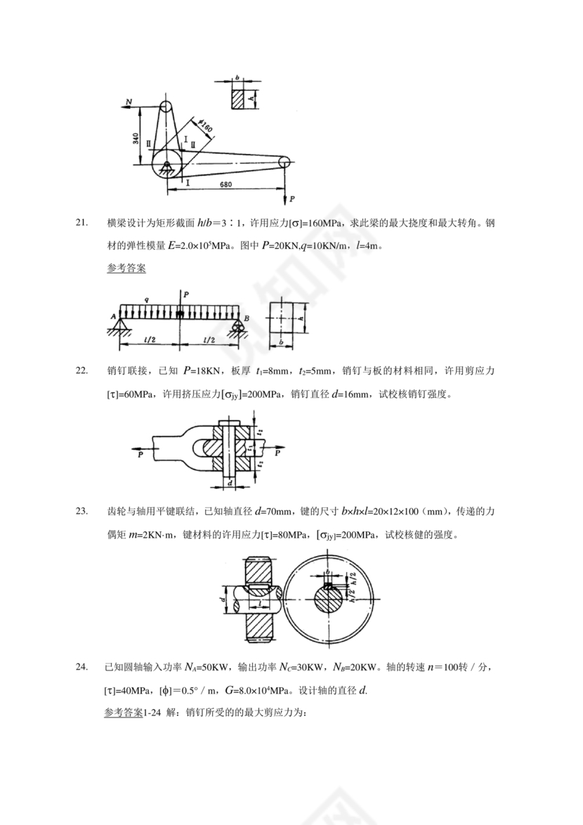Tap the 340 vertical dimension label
tap(135, 137)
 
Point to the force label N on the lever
tap(129, 102)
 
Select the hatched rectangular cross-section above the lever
tap(241, 98)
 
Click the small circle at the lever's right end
tap(284, 162)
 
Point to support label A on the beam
tap(112, 316)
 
